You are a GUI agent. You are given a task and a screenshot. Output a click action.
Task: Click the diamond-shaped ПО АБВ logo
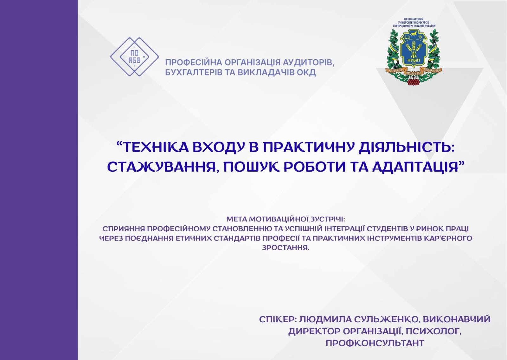point(134,57)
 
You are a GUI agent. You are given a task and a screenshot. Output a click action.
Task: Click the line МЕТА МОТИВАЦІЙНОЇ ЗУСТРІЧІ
point(286,219)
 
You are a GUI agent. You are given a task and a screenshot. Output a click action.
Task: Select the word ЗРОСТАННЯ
point(286,248)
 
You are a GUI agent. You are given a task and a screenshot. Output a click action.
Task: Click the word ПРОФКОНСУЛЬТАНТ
point(375,343)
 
